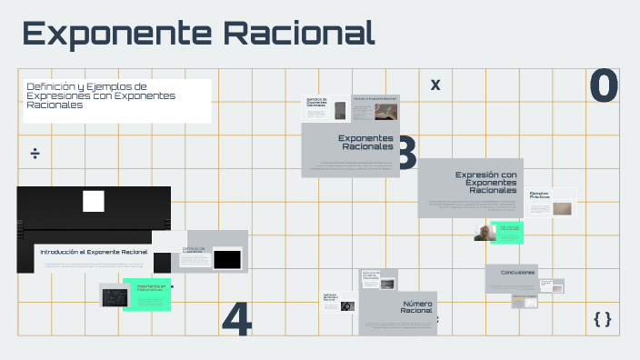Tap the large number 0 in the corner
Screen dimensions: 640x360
click(x=604, y=86)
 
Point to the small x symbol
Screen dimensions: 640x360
click(x=435, y=85)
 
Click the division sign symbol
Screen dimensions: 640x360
click(x=35, y=153)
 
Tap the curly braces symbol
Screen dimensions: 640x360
click(x=602, y=318)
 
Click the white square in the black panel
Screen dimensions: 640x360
click(x=94, y=201)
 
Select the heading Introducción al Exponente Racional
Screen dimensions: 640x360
click(x=93, y=251)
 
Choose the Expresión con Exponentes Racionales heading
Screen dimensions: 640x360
click(x=485, y=182)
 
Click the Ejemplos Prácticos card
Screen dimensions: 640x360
click(x=551, y=203)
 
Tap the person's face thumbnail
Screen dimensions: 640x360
click(x=483, y=233)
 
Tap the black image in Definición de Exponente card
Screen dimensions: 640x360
click(x=226, y=259)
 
